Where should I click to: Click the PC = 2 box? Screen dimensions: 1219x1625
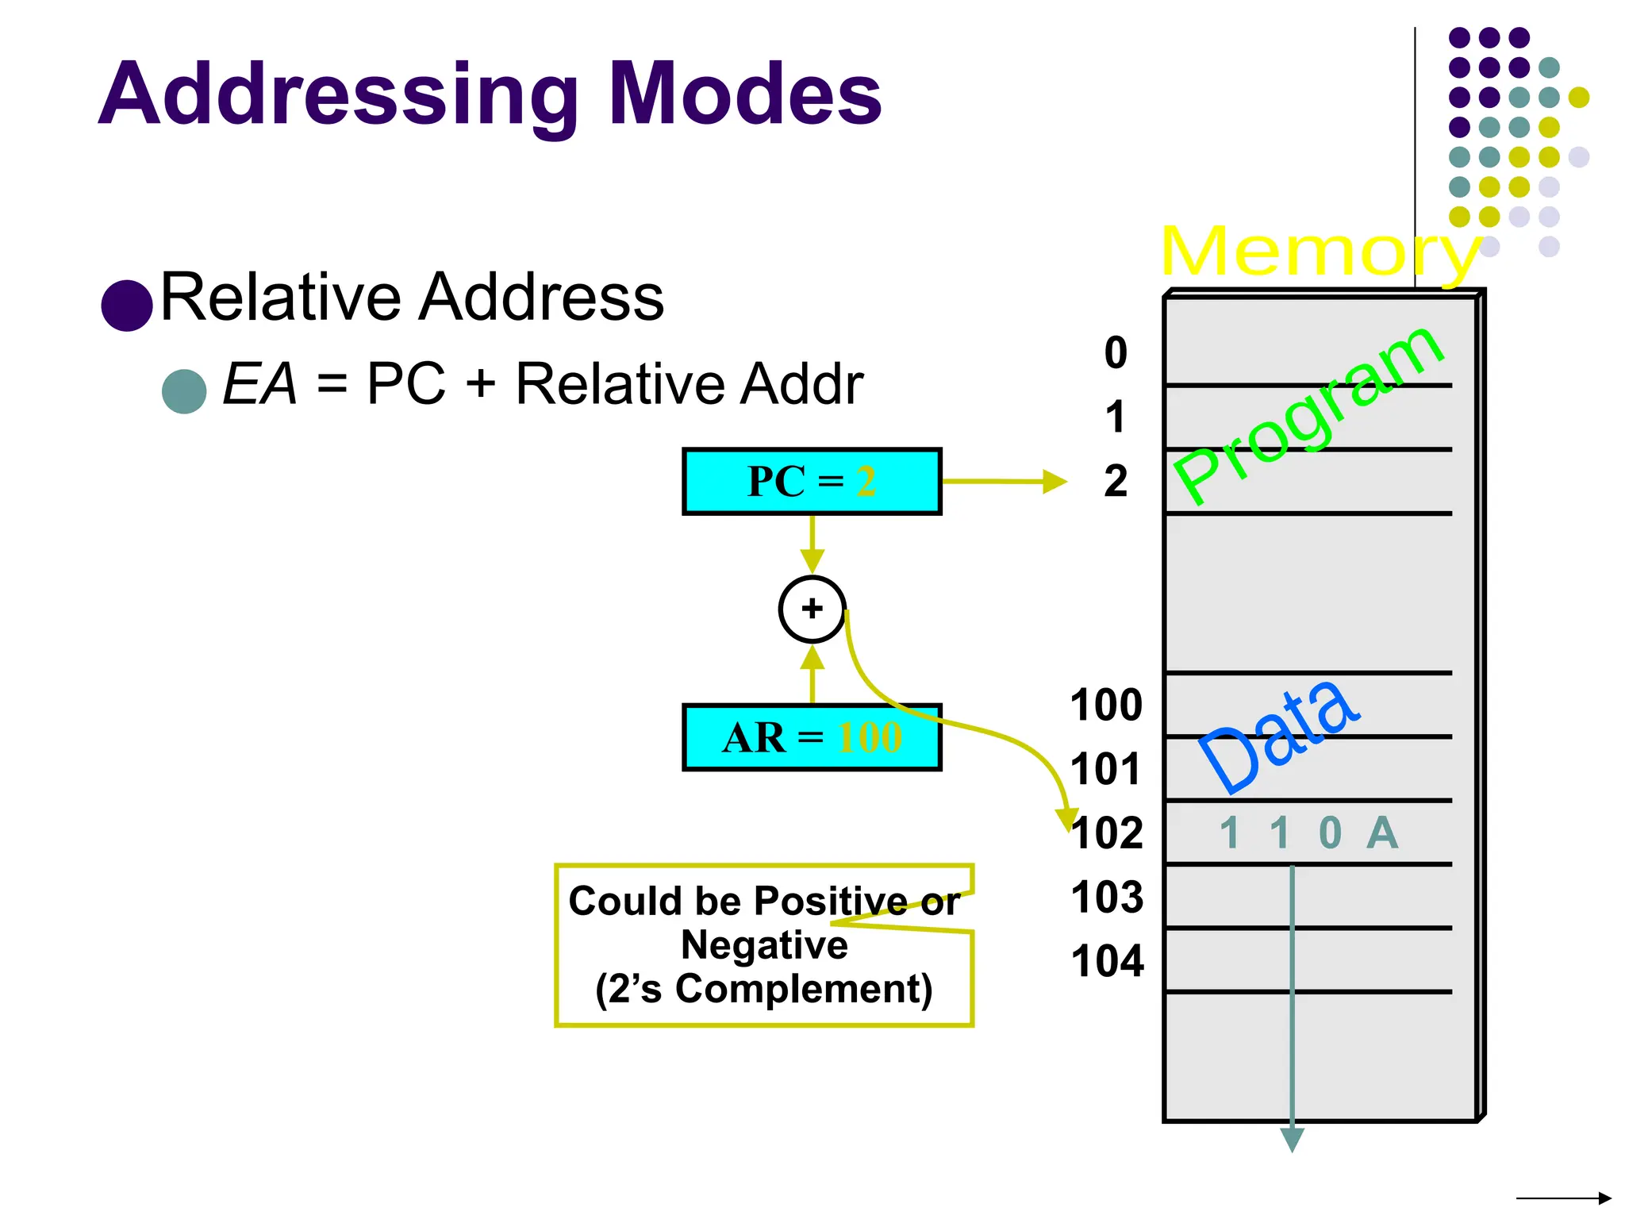[812, 481]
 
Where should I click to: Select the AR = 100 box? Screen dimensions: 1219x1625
[812, 737]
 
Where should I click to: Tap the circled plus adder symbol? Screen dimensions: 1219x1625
[812, 609]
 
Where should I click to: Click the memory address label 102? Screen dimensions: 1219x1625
[1107, 833]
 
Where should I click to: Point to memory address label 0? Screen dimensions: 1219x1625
[1116, 352]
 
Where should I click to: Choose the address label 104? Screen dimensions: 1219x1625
[1107, 961]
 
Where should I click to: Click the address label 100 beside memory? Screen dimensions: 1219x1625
[1106, 705]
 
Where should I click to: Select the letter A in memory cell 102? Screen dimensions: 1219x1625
[1381, 833]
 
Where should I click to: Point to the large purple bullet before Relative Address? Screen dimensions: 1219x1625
[127, 305]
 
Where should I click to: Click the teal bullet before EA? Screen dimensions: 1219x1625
[184, 390]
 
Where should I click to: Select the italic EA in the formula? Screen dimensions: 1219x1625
[259, 384]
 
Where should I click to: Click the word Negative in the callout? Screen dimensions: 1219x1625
[764, 944]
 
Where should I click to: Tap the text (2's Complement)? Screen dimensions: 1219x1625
[764, 989]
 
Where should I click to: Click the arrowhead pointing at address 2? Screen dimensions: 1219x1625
[1055, 482]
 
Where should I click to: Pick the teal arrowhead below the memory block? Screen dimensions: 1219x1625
[1292, 1140]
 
